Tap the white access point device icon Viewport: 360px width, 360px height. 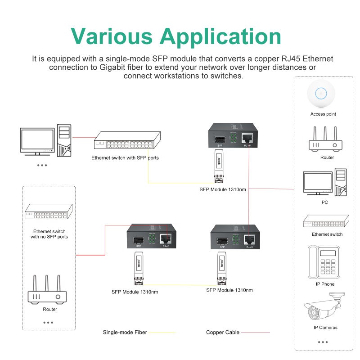321,94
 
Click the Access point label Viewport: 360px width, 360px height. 323,114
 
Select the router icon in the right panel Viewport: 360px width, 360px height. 325,140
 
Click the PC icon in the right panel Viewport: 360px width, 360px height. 325,183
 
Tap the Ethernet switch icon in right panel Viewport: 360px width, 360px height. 326,221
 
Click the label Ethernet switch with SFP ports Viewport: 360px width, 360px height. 125,158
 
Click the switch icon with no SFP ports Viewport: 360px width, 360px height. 49,211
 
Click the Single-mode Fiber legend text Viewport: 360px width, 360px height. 125,333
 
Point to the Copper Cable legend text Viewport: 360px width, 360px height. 223,333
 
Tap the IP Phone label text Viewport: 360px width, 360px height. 325,284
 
